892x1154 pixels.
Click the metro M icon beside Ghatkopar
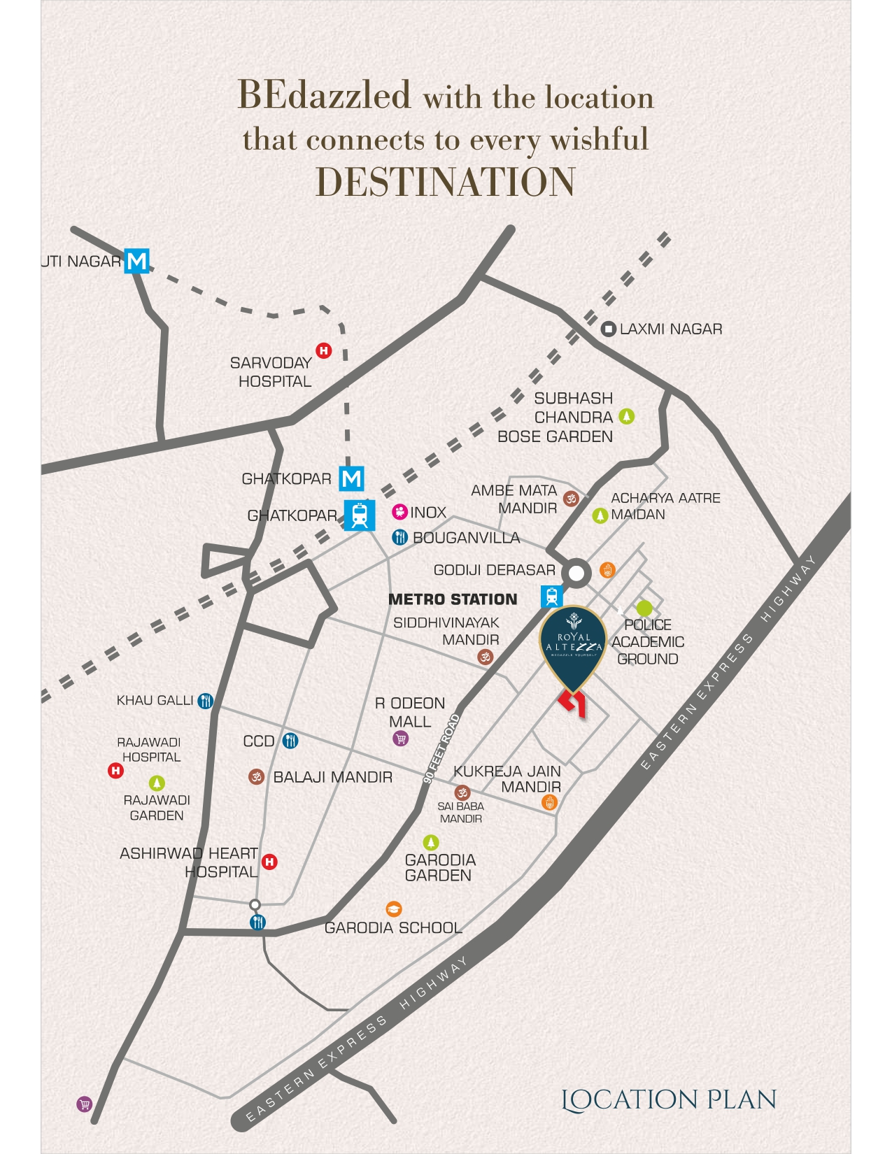[x=351, y=479]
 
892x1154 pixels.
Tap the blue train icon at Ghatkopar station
[x=360, y=515]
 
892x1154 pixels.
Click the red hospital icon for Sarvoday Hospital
[x=324, y=350]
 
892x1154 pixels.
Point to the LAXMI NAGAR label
[x=670, y=329]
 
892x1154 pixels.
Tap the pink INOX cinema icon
[x=399, y=513]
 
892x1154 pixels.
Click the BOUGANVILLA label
[x=466, y=538]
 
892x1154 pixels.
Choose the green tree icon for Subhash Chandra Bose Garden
[x=626, y=417]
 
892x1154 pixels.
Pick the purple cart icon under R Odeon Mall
[x=400, y=739]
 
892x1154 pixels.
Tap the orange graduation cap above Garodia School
[x=394, y=909]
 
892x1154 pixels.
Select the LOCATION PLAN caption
[x=669, y=1099]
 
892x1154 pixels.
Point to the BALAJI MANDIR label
[x=332, y=777]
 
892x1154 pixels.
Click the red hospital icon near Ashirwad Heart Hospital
[x=269, y=862]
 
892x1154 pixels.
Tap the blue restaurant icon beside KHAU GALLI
[x=205, y=701]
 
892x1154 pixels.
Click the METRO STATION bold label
[x=453, y=599]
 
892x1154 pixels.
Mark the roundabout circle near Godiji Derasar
[x=576, y=574]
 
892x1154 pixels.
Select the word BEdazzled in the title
[x=324, y=95]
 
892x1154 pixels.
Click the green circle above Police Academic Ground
[x=644, y=608]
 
